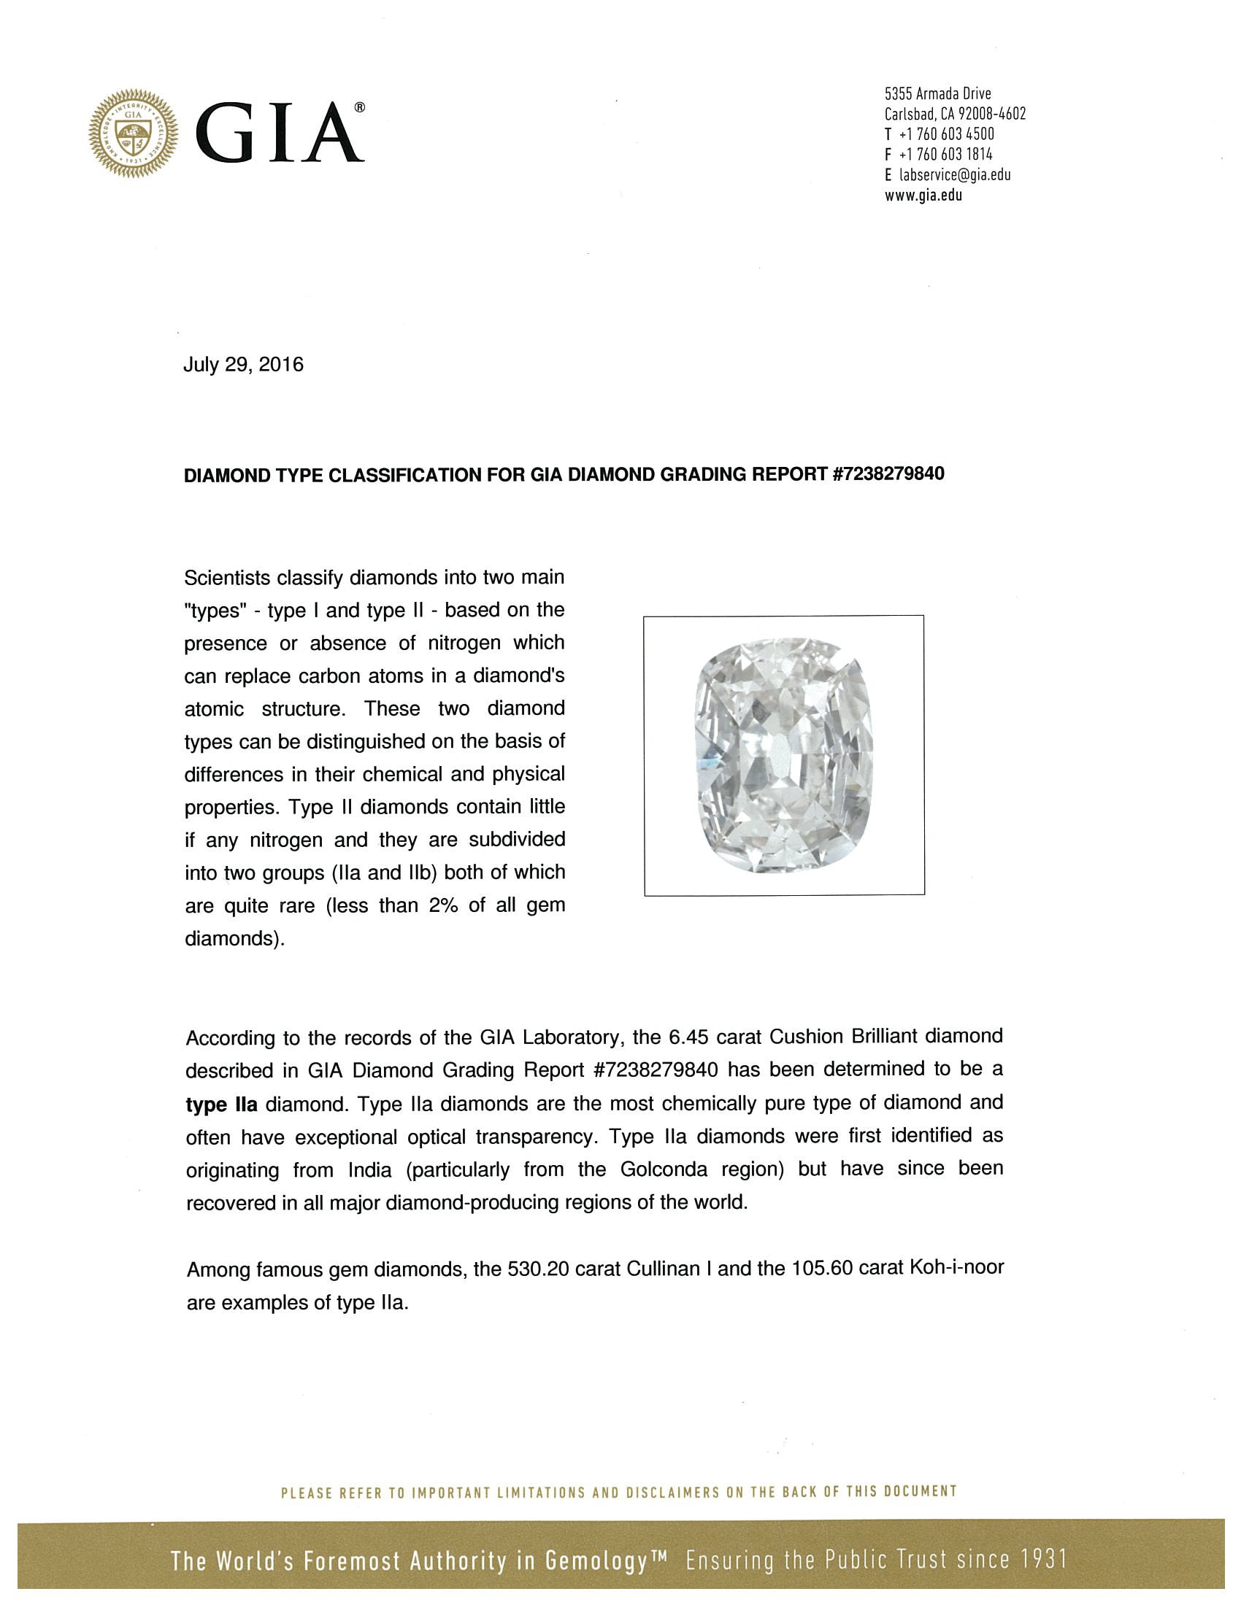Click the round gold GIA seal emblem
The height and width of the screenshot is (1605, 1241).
pyautogui.click(x=133, y=133)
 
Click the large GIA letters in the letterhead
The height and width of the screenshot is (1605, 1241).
pyautogui.click(x=283, y=133)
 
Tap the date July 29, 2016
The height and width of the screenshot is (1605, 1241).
pyautogui.click(x=243, y=366)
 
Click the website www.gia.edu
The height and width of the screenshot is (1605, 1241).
pyautogui.click(x=923, y=196)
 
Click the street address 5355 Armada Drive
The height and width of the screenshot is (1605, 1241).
pyautogui.click(x=937, y=94)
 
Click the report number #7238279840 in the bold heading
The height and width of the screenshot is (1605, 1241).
pyautogui.click(x=888, y=474)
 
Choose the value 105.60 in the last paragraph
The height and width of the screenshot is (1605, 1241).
pyautogui.click(x=823, y=1269)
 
